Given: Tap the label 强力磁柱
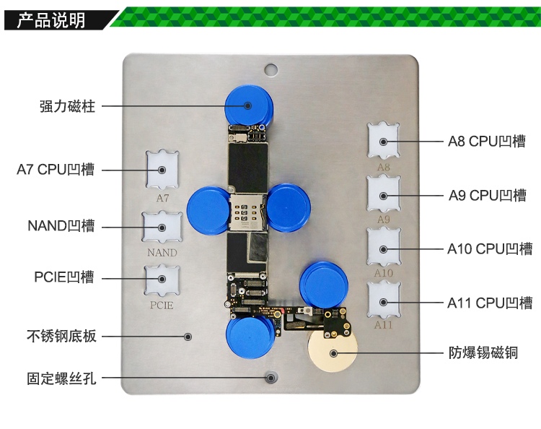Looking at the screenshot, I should point(67,106).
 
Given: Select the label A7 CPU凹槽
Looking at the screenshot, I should point(56,170).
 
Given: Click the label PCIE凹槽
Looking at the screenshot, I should point(64,277).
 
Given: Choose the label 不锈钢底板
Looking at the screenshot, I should point(61,336).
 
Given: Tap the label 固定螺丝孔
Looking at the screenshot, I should point(61,377).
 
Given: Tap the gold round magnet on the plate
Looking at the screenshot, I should point(333,353).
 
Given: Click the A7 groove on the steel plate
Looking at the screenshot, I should point(162,170).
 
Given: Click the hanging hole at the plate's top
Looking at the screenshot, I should point(270,69).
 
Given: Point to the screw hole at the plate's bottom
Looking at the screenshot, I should point(271,377).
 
